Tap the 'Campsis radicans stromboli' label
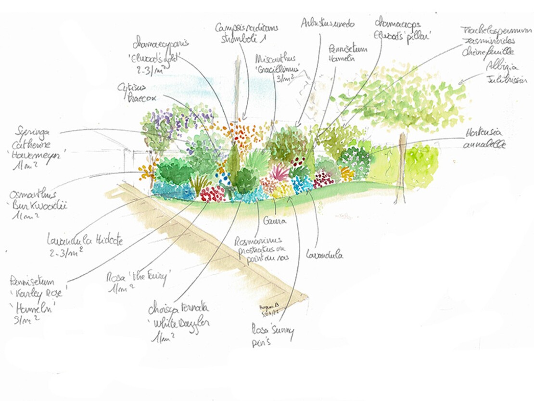tap(246, 33)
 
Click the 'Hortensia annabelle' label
tap(484, 139)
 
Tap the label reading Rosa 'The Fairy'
tap(139, 282)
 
